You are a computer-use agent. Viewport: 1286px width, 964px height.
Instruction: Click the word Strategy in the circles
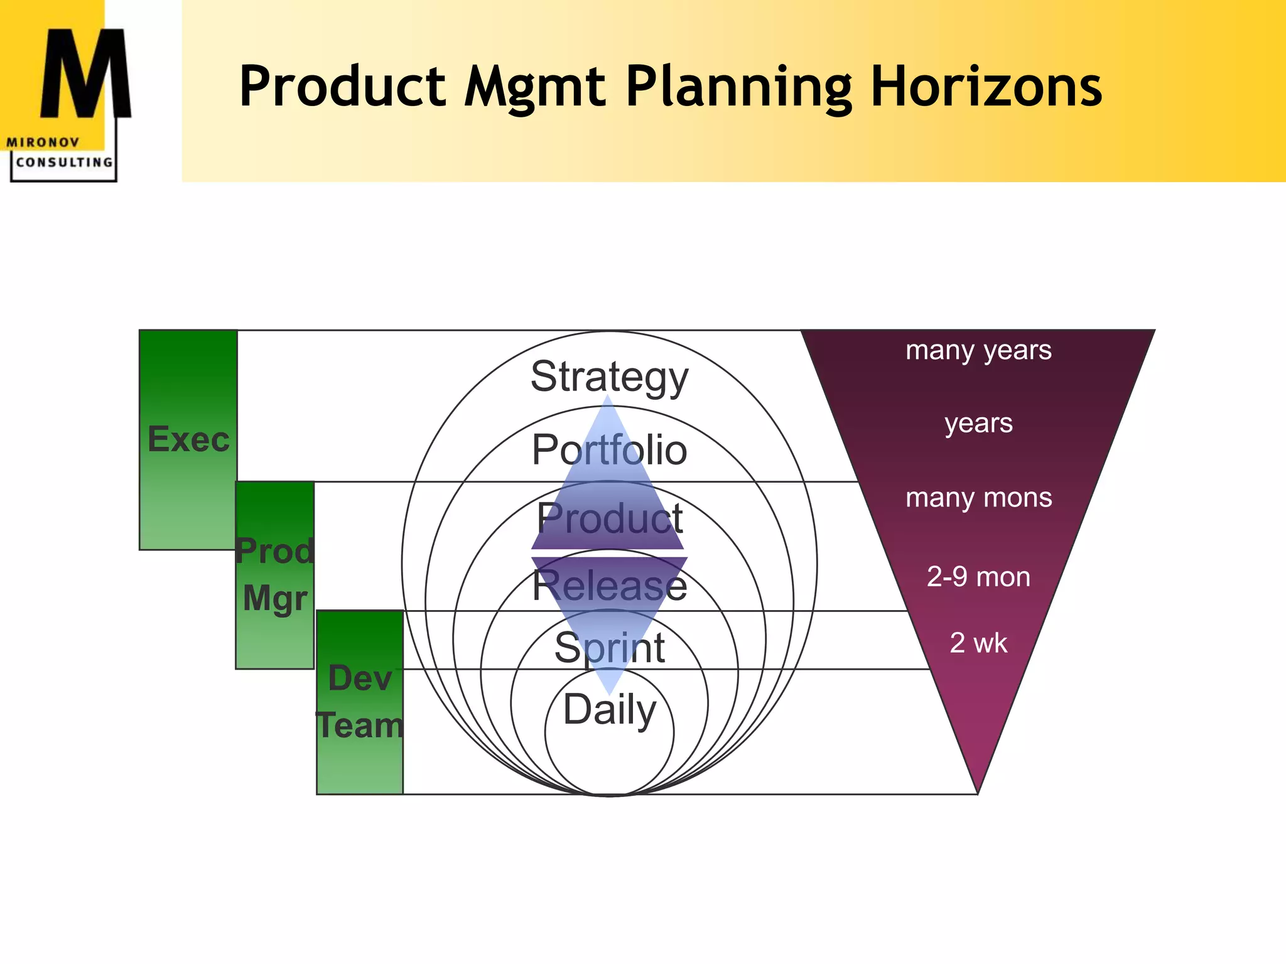coord(609,377)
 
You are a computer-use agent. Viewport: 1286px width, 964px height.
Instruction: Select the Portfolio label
coord(609,449)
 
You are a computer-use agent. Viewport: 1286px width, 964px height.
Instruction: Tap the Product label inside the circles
coord(609,518)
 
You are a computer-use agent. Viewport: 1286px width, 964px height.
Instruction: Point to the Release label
coord(609,585)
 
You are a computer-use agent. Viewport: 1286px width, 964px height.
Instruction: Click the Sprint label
coord(609,648)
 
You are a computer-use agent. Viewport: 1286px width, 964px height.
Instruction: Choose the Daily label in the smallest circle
coord(609,709)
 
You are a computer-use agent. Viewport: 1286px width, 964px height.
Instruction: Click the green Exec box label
coord(188,439)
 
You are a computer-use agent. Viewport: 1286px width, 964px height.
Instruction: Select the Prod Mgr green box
coord(275,574)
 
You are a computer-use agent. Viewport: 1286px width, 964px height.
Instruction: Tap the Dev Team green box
coord(360,702)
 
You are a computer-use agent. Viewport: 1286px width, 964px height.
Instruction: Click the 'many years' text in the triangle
coord(978,350)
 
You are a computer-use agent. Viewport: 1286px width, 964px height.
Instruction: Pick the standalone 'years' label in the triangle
coord(978,423)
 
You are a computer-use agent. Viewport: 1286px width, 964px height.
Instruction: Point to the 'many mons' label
coord(978,498)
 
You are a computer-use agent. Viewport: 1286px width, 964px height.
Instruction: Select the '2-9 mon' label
coord(978,577)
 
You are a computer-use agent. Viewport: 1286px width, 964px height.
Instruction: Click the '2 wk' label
coord(978,643)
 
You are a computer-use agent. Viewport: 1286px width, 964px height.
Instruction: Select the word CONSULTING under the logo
coord(64,163)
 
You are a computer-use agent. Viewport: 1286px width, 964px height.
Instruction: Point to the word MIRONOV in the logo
coord(43,142)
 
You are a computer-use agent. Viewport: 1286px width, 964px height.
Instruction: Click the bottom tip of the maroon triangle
coord(978,790)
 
